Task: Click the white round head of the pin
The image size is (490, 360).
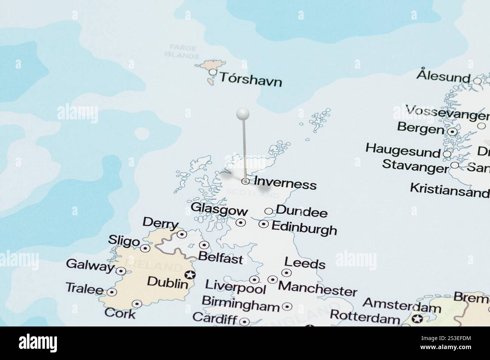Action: (243, 113)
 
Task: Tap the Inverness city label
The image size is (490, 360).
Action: (285, 183)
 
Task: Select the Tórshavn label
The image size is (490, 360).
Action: (251, 79)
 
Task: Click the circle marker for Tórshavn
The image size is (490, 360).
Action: (213, 72)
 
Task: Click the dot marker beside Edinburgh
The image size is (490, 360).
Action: (263, 224)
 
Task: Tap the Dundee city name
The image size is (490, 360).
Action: (302, 212)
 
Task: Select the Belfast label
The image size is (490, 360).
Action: (220, 259)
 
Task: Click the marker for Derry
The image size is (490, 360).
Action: (182, 235)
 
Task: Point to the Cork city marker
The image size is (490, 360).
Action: (136, 304)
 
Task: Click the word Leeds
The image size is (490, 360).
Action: (305, 263)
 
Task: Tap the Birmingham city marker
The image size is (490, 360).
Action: (287, 307)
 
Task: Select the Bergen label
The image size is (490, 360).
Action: (420, 128)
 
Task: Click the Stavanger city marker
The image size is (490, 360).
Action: (455, 165)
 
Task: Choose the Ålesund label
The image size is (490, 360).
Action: (444, 76)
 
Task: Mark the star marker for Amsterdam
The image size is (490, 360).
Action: (417, 319)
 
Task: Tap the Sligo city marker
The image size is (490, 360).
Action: (145, 248)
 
